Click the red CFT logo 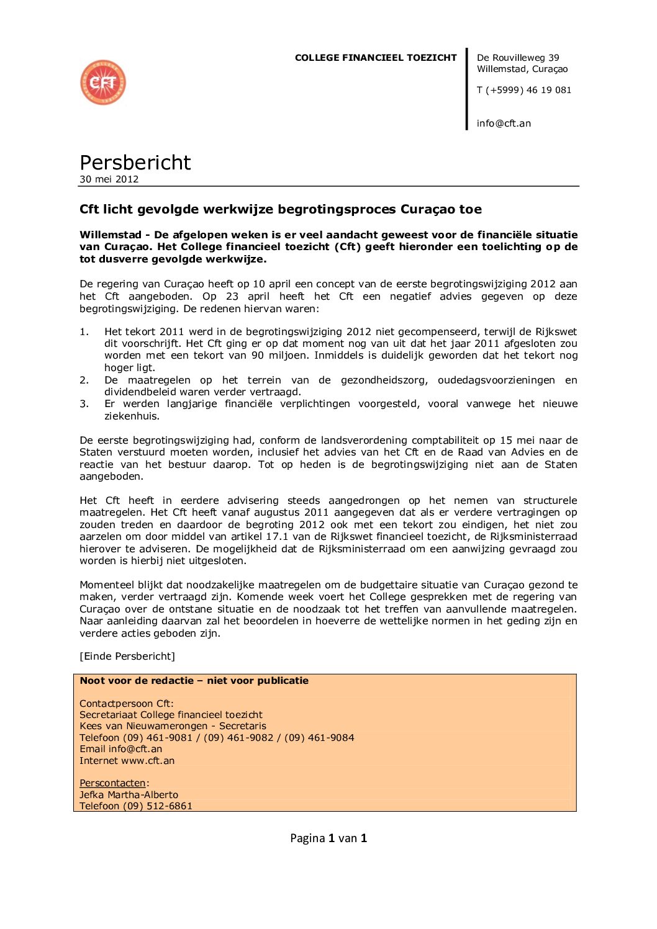click(103, 83)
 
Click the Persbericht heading click(135, 163)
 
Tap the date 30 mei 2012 click(109, 179)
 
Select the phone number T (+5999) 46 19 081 click(523, 90)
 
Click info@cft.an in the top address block click(504, 123)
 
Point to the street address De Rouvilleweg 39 click(518, 58)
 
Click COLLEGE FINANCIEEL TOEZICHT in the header click(376, 58)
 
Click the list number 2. click(84, 380)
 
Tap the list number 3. click(84, 404)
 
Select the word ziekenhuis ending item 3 click(132, 416)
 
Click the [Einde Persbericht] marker click(127, 657)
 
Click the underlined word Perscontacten click(112, 783)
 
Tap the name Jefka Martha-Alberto click(129, 795)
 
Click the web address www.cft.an click(148, 761)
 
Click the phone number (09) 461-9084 click(319, 738)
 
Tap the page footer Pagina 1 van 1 click(328, 838)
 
